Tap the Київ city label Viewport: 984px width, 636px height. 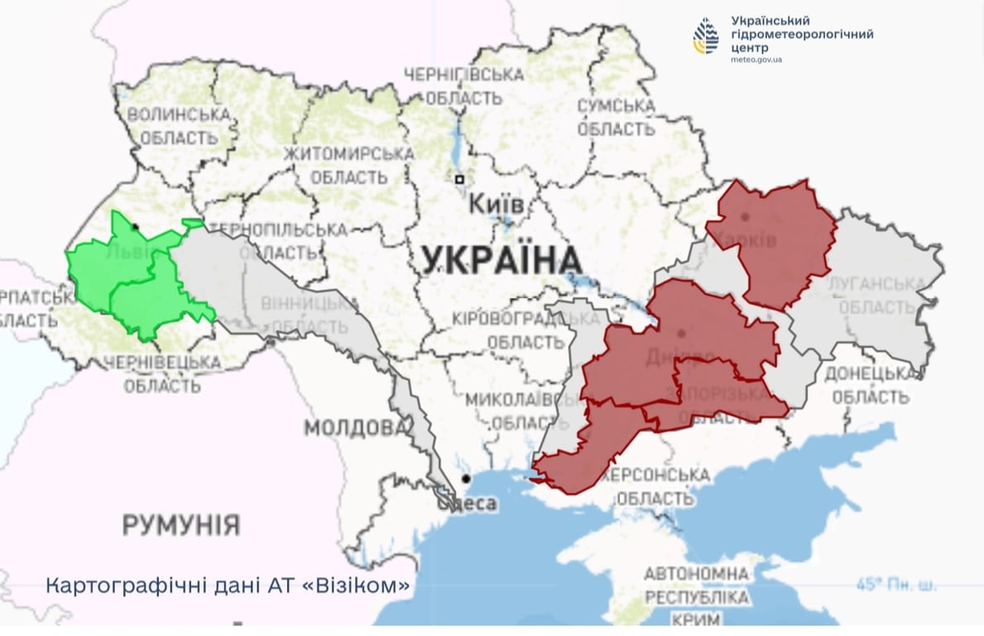495,204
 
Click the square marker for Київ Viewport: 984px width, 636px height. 458,180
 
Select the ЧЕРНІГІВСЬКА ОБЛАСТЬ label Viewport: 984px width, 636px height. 463,86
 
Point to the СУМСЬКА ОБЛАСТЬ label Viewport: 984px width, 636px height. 617,118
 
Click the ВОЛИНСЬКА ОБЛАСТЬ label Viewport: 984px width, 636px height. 177,126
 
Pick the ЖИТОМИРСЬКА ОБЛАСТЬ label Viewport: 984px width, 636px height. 348,166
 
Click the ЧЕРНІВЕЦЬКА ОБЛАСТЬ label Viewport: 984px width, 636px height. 162,374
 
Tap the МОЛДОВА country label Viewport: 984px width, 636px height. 356,428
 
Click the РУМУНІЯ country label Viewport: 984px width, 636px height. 181,524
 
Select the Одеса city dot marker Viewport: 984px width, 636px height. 467,479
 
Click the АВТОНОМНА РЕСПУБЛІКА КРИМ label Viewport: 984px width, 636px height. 697,596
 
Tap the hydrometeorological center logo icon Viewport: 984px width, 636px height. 706,36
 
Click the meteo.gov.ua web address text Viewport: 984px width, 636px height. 757,60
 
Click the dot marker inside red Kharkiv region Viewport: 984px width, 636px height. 745,217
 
